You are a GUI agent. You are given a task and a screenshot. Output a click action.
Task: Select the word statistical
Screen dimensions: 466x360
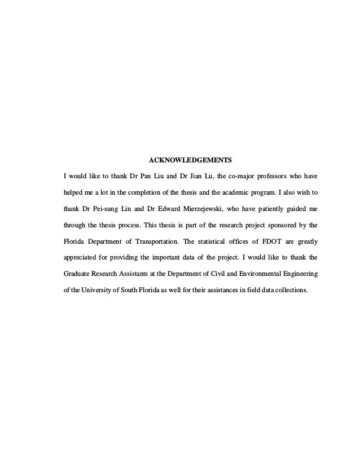click(x=212, y=244)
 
